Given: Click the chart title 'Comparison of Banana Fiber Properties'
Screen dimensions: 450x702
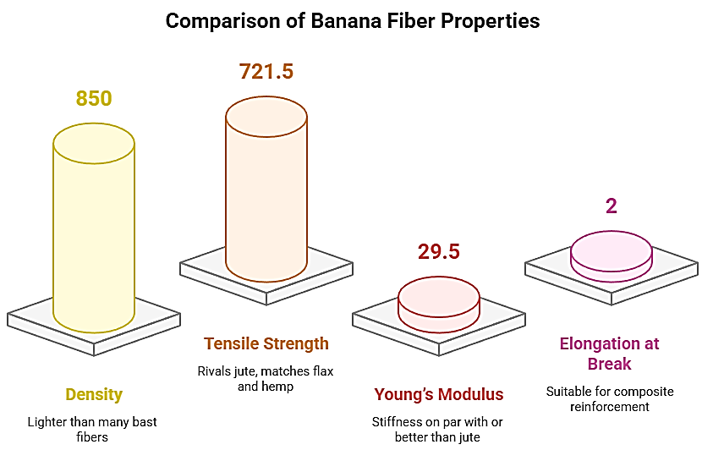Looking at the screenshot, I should (x=352, y=21).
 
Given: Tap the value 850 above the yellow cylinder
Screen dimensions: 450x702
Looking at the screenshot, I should (x=94, y=99).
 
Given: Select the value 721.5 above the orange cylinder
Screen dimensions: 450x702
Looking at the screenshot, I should (x=266, y=72).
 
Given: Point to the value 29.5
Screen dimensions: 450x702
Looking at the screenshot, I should (x=438, y=252).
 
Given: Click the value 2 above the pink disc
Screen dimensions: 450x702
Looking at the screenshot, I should (x=611, y=206).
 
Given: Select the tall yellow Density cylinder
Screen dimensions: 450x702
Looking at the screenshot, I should (x=94, y=237).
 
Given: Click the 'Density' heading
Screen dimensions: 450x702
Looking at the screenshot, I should (x=94, y=395).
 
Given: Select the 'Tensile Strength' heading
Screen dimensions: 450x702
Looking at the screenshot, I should (x=266, y=344).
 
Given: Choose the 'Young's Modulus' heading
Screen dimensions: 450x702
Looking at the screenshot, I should (x=438, y=395).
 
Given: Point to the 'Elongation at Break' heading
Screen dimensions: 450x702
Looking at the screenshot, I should (x=609, y=354).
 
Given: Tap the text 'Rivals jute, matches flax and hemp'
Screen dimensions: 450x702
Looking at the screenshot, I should (x=266, y=378).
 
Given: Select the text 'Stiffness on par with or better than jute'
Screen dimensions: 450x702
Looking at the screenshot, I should (x=438, y=429).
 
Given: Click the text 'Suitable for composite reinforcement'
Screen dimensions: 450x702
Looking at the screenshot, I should (x=609, y=398).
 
